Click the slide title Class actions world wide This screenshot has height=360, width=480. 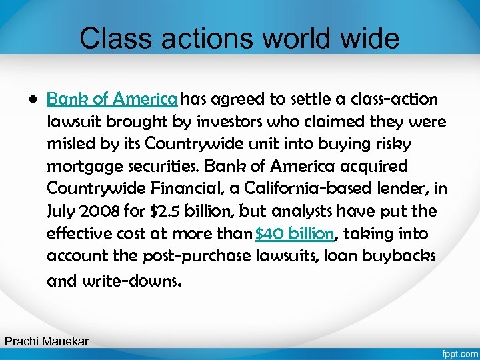tap(239, 39)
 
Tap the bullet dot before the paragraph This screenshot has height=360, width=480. tap(31, 100)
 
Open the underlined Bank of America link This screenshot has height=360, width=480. tap(112, 100)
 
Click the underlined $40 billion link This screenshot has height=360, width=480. tap(295, 235)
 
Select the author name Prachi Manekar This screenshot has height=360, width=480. tap(47, 341)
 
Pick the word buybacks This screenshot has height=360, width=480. tap(407, 257)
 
